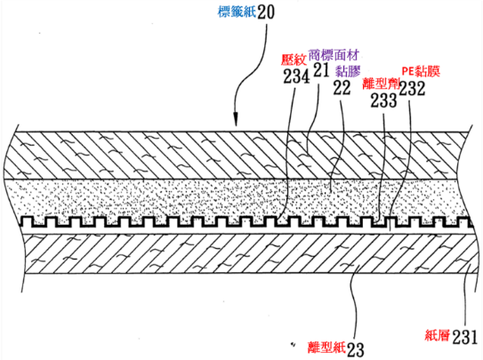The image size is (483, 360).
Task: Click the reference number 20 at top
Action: click(x=266, y=12)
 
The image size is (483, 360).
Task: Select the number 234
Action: click(x=296, y=76)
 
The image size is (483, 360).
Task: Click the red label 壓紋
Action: click(x=294, y=60)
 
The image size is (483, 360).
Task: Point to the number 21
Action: click(x=322, y=69)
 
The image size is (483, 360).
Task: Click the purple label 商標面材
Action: click(x=334, y=55)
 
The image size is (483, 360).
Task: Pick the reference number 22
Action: click(x=342, y=88)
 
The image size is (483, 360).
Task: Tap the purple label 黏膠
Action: click(x=348, y=71)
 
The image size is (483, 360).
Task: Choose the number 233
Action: click(x=383, y=100)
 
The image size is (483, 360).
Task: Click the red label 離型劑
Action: click(x=382, y=83)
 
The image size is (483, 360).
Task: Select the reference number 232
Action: click(x=412, y=88)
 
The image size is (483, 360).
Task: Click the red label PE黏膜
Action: click(x=421, y=71)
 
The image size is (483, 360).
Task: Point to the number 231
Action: click(x=465, y=337)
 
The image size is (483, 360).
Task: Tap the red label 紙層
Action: click(x=438, y=335)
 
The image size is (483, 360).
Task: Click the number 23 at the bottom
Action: click(x=356, y=348)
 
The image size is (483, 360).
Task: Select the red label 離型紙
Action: click(x=326, y=348)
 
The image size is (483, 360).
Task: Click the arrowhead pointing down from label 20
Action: click(x=236, y=120)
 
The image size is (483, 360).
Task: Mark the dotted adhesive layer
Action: click(x=240, y=198)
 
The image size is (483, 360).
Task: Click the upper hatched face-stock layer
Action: click(x=240, y=156)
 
